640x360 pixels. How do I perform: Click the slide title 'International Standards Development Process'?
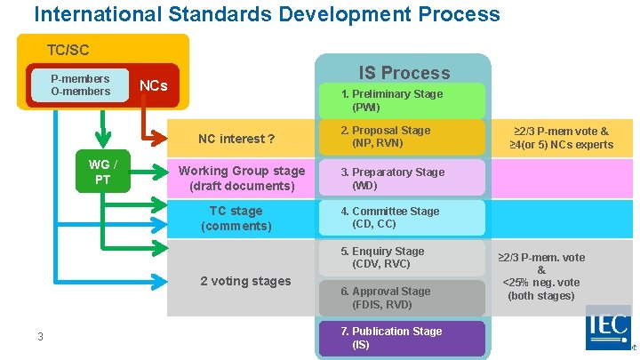pos(267,14)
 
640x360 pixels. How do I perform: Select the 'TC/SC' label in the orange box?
pos(68,51)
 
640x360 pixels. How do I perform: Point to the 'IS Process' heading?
pos(404,73)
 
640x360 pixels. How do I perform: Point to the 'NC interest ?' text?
pos(236,139)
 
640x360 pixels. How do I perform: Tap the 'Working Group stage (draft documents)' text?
pos(241,178)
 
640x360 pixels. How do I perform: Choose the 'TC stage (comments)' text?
pos(236,218)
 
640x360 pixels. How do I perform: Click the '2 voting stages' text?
pos(245,281)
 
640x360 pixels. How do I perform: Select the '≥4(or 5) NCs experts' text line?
pos(561,145)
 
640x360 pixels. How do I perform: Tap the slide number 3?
pos(40,336)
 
